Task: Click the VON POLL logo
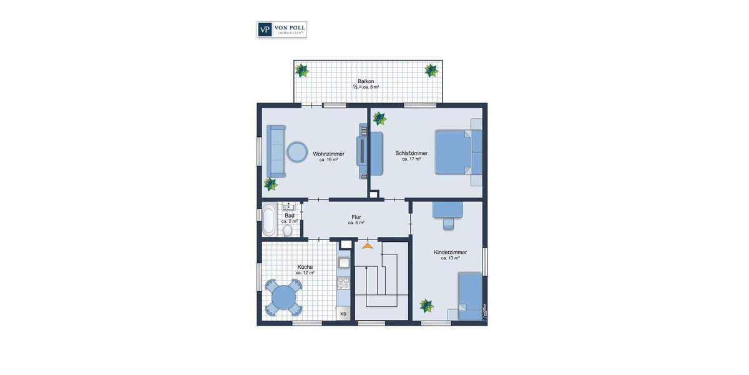281,29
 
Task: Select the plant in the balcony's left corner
303,70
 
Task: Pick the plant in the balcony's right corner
431,70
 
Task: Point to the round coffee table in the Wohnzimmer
296,151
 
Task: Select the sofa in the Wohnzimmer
275,151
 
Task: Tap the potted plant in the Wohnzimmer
270,184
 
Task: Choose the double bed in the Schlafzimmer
454,152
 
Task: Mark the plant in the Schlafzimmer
379,118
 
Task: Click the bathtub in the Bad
268,220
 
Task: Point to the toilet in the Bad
288,231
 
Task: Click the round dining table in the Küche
285,296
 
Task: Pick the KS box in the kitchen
343,314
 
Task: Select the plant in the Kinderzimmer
426,306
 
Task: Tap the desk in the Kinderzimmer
448,209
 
